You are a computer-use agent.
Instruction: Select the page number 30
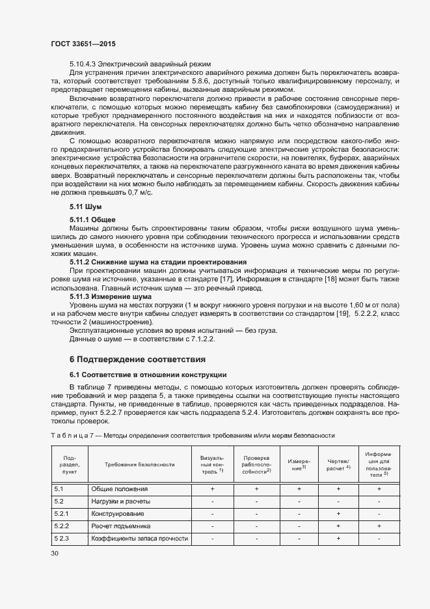54,553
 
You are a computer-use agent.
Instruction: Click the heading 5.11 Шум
84,206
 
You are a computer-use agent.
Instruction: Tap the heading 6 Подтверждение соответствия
138,359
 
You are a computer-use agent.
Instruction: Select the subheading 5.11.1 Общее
92,220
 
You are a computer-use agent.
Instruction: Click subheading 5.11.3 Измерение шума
110,296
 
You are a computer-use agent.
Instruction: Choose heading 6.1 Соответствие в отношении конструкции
148,375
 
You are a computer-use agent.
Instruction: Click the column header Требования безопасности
140,464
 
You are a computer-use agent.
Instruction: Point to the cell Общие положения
119,489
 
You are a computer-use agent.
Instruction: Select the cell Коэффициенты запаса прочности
139,539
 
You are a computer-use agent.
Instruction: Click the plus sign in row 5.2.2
338,526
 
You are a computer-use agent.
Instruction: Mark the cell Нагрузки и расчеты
120,502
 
